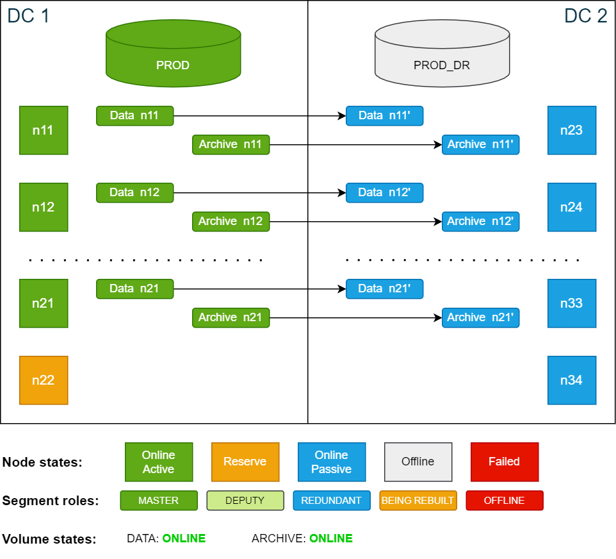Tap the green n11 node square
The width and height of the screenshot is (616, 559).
[x=44, y=130]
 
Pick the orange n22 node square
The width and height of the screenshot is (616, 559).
[x=44, y=380]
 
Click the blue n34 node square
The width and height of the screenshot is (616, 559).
[x=572, y=380]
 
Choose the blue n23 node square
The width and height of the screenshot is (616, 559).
[x=572, y=130]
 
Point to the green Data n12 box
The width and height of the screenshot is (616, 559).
[x=134, y=192]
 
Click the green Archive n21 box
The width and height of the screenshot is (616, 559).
[x=231, y=317]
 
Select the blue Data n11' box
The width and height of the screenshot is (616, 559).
[x=384, y=116]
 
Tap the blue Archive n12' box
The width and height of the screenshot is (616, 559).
[x=480, y=221]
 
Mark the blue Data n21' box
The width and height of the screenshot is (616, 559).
[x=384, y=288]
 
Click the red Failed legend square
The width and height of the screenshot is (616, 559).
[x=505, y=462]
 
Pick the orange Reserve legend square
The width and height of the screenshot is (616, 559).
[x=245, y=462]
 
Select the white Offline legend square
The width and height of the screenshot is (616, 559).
[x=418, y=462]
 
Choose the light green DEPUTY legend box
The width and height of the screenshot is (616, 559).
[x=245, y=501]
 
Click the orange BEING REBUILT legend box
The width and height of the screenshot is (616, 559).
[x=418, y=501]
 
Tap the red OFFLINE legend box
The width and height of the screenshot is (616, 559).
[x=505, y=501]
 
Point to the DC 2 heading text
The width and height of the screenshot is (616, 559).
[x=585, y=15]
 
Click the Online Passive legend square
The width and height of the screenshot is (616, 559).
[x=332, y=462]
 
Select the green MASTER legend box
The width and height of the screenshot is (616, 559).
[x=159, y=501]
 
